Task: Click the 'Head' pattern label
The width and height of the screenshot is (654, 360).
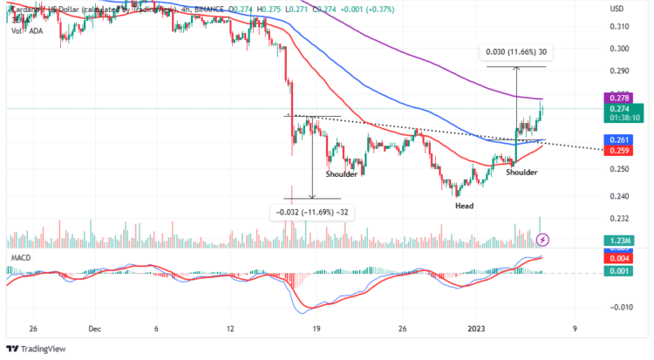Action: pos(464,206)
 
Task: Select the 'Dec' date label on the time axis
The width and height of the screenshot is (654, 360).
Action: pos(95,329)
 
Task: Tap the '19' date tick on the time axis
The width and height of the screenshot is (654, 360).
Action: pos(317,329)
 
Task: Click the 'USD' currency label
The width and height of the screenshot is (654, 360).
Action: pos(617,9)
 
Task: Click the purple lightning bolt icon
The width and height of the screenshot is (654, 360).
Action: pos(542,239)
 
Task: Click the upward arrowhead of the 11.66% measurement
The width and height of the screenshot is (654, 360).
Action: pos(516,69)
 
